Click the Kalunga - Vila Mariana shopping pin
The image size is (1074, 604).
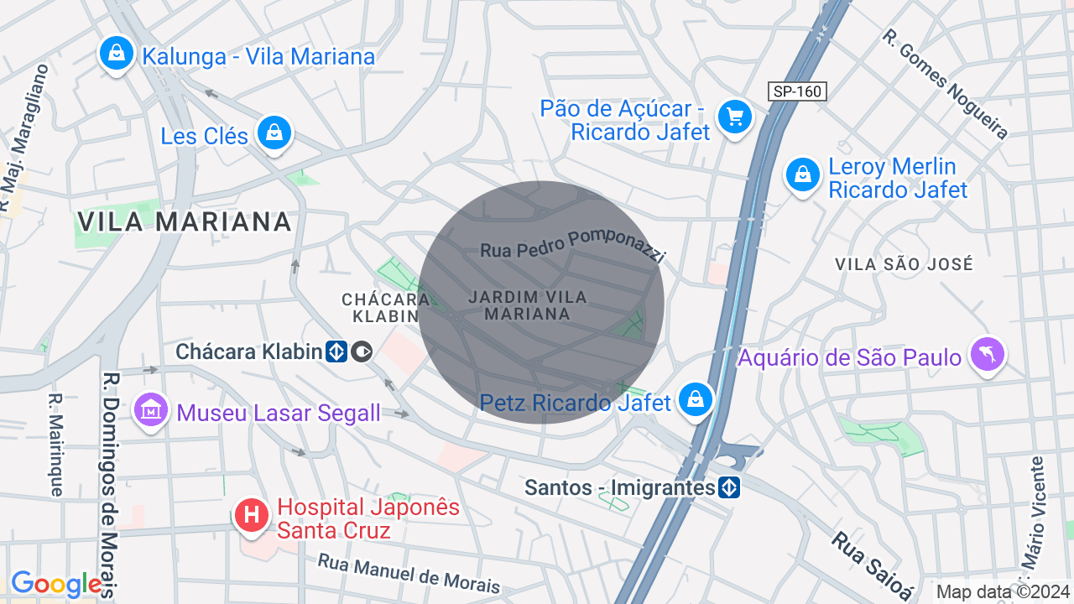tap(117, 54)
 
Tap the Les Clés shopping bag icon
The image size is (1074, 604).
tap(274, 133)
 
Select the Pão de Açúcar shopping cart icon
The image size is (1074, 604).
tap(735, 116)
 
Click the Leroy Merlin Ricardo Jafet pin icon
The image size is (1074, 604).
tap(803, 174)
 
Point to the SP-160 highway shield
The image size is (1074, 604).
tap(797, 91)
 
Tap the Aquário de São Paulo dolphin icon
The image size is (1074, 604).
tap(987, 354)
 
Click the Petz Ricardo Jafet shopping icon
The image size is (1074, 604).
tap(696, 399)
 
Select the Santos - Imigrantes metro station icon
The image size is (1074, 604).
tap(729, 487)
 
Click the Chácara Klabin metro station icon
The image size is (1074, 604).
tap(336, 351)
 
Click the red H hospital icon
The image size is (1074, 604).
tap(251, 514)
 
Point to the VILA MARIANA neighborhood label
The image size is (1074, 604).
tap(185, 221)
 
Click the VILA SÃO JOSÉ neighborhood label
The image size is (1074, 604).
tap(904, 264)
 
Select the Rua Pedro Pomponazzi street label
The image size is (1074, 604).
tap(572, 244)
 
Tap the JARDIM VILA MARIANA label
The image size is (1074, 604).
tap(528, 305)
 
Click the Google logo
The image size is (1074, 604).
tap(55, 584)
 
